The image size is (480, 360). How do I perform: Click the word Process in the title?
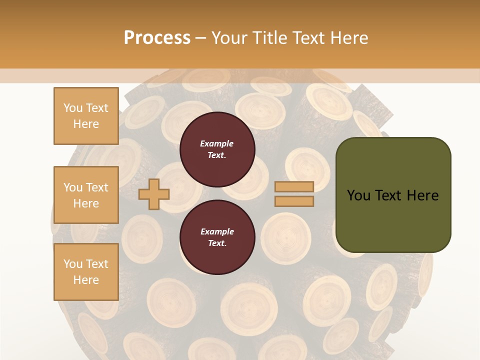(x=157, y=38)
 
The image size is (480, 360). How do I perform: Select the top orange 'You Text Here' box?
(x=86, y=116)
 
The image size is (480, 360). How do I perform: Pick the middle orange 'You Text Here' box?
(x=86, y=195)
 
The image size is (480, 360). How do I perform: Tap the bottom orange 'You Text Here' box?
(x=86, y=271)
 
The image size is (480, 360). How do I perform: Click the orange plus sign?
(x=154, y=194)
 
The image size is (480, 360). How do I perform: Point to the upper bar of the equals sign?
(x=294, y=186)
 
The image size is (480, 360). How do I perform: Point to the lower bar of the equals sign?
(x=294, y=201)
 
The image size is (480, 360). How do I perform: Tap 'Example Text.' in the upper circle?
(x=217, y=149)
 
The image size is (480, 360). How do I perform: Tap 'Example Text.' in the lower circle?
(x=217, y=237)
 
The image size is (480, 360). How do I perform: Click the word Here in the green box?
(x=422, y=195)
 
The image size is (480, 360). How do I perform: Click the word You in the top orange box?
(x=72, y=108)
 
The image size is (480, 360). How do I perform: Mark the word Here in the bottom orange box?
(x=86, y=280)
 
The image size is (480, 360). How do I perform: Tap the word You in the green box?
(x=358, y=195)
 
